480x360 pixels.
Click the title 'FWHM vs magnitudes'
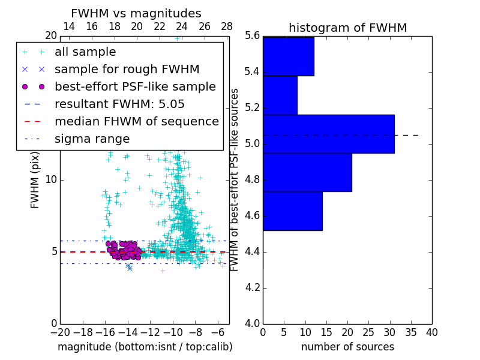pyautogui.click(x=136, y=13)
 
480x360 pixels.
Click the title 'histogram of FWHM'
pyautogui.click(x=347, y=28)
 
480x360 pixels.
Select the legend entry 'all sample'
pyautogui.click(x=85, y=52)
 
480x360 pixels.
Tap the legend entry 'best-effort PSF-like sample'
pyautogui.click(x=135, y=87)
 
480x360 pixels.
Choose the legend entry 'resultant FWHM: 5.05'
pyautogui.click(x=119, y=104)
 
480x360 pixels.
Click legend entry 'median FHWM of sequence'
pyautogui.click(x=136, y=122)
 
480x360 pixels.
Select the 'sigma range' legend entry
pyautogui.click(x=92, y=139)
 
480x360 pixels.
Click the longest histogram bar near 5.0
pyautogui.click(x=328, y=134)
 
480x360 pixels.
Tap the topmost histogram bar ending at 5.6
pyautogui.click(x=288, y=56)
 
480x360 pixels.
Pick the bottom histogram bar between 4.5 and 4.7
pyautogui.click(x=292, y=211)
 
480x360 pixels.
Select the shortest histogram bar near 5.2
pyautogui.click(x=280, y=95)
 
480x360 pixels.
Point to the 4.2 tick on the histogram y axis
pyautogui.click(x=253, y=288)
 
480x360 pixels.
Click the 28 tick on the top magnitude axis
pyautogui.click(x=227, y=26)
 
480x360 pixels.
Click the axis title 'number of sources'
pyautogui.click(x=347, y=347)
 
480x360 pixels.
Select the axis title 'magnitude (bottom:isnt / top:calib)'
pyautogui.click(x=145, y=347)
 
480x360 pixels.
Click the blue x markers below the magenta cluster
pyautogui.click(x=129, y=267)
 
